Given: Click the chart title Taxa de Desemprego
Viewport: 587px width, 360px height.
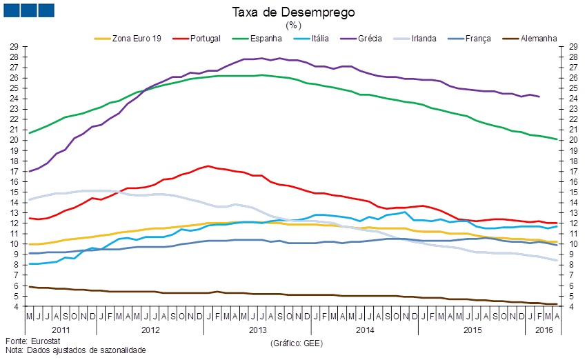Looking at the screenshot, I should pyautogui.click(x=294, y=12).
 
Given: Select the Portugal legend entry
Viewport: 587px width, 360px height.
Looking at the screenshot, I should pyautogui.click(x=204, y=39).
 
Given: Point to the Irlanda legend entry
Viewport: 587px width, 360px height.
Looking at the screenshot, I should pyautogui.click(x=423, y=39).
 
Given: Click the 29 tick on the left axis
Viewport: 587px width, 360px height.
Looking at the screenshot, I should pyautogui.click(x=14, y=46).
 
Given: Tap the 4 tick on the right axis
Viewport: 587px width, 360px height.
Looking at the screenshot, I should pyautogui.click(x=572, y=306).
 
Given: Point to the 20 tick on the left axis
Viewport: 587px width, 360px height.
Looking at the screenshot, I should pyautogui.click(x=14, y=140).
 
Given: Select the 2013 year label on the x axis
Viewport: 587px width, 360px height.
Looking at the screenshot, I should pyautogui.click(x=257, y=330).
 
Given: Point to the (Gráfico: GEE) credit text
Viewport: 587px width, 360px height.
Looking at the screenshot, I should pyautogui.click(x=297, y=342).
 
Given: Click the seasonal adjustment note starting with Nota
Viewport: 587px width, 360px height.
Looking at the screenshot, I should pyautogui.click(x=75, y=350).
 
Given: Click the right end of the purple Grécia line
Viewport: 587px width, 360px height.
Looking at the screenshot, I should pyautogui.click(x=539, y=97).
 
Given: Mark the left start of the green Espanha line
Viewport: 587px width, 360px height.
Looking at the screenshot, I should pyautogui.click(x=29, y=132).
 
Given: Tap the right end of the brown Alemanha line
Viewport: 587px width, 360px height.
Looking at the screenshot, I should pyautogui.click(x=557, y=304).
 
